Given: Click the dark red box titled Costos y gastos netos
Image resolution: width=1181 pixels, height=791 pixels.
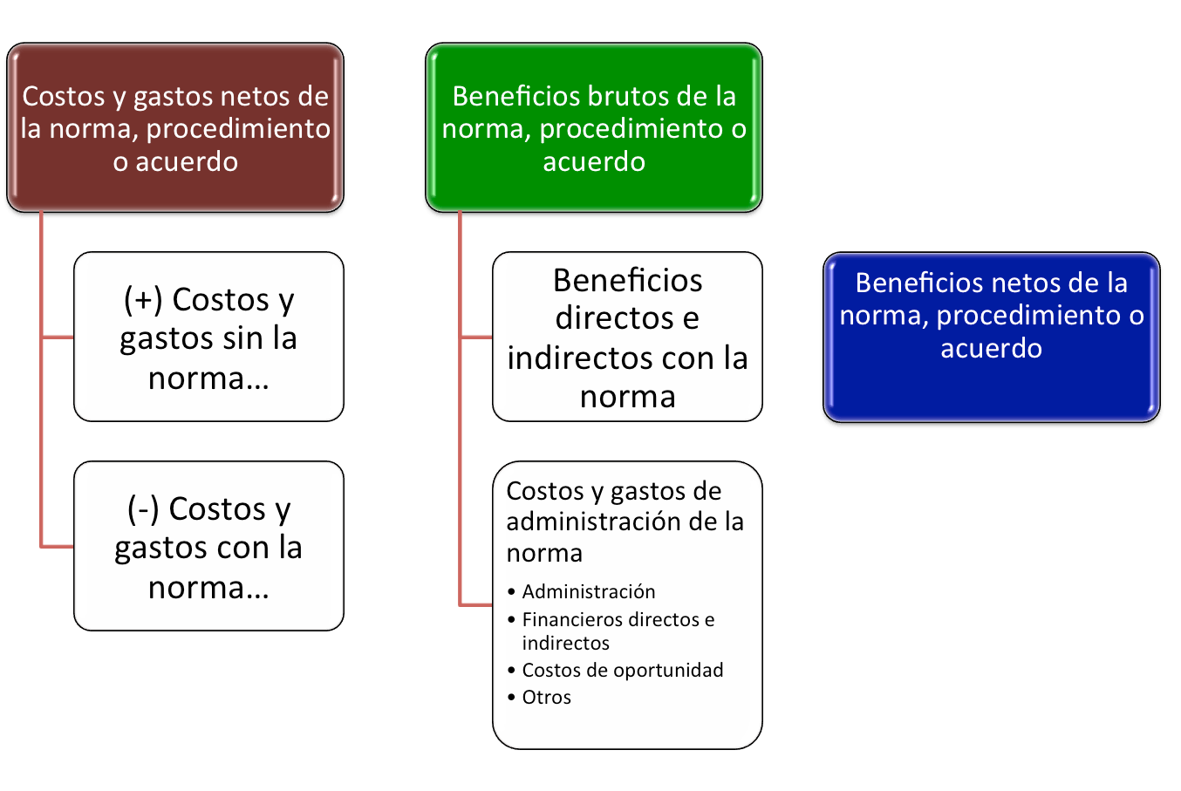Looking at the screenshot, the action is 175,127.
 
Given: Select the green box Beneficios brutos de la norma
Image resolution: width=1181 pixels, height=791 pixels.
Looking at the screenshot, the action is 593,127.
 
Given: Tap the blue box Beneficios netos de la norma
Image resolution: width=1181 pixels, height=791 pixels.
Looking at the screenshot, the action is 991,336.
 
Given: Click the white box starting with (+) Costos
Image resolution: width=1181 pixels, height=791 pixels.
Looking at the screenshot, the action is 208,337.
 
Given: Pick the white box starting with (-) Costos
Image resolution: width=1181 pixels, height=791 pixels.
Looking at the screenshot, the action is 208,546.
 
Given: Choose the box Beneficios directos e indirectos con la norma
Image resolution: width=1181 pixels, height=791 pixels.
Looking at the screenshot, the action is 627,337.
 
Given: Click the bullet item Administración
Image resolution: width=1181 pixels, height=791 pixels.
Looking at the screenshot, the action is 589,591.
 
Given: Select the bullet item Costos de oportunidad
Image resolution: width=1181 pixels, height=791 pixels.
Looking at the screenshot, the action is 623,670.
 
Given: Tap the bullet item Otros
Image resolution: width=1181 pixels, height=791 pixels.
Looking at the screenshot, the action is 547,697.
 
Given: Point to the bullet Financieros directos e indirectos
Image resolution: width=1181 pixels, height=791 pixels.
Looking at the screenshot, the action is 618,631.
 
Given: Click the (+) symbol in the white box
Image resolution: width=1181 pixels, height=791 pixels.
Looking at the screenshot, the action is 142,299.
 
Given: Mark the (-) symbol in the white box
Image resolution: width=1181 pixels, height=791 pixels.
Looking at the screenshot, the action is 142,508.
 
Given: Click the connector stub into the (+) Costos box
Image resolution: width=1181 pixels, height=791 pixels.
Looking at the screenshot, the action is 58,337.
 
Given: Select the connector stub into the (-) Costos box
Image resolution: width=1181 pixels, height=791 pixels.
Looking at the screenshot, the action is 58,546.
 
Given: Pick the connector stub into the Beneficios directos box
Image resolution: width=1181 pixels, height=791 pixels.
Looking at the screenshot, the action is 476,337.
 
